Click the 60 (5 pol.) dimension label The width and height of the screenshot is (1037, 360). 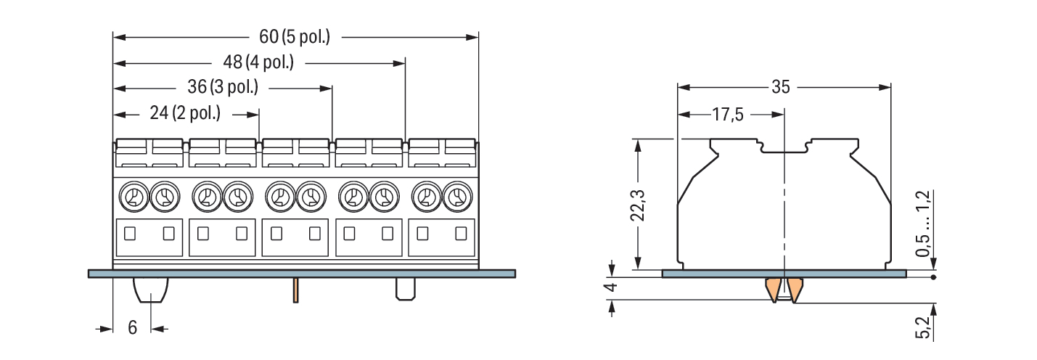(295, 36)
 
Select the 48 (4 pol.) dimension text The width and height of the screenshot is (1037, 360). (258, 62)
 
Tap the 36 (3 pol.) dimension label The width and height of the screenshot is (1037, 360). (223, 86)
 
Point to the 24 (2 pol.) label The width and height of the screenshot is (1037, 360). (185, 113)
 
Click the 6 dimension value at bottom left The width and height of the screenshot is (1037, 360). (132, 328)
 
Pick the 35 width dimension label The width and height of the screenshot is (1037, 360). (781, 87)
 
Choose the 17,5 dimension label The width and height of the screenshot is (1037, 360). (728, 115)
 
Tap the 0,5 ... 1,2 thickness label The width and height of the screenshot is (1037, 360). (923, 224)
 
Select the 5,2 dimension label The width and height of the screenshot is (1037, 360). (923, 327)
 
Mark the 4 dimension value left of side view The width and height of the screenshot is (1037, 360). (612, 287)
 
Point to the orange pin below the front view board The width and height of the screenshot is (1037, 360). (296, 290)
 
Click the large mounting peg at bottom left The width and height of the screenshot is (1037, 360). (151, 290)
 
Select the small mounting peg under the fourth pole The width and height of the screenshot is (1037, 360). (406, 289)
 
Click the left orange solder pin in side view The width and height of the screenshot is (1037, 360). (774, 290)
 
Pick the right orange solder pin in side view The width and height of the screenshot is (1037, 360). (795, 290)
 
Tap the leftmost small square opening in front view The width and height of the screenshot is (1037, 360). (130, 234)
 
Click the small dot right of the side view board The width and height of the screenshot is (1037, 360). (933, 277)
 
